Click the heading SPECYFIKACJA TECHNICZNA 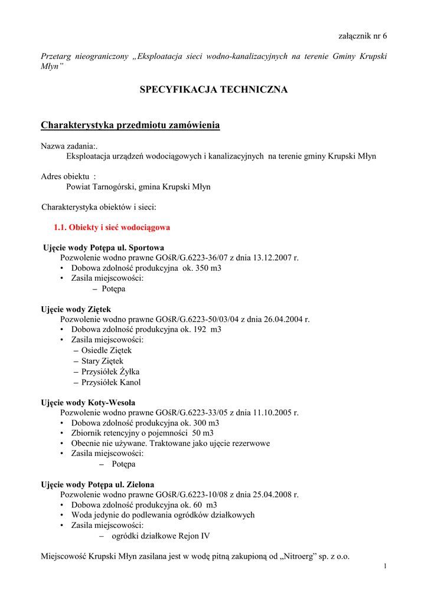(214, 90)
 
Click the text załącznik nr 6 (362, 36)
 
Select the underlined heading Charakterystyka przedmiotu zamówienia (130, 125)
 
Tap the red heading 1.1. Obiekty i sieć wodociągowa (112, 227)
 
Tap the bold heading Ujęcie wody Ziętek (76, 309)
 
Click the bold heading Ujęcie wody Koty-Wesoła (87, 403)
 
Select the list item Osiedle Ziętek (106, 350)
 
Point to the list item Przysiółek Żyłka (110, 372)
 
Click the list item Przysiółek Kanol (111, 382)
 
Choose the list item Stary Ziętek (102, 361)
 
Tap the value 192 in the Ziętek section (200, 329)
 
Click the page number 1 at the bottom (385, 567)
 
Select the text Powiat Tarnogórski (100, 187)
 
